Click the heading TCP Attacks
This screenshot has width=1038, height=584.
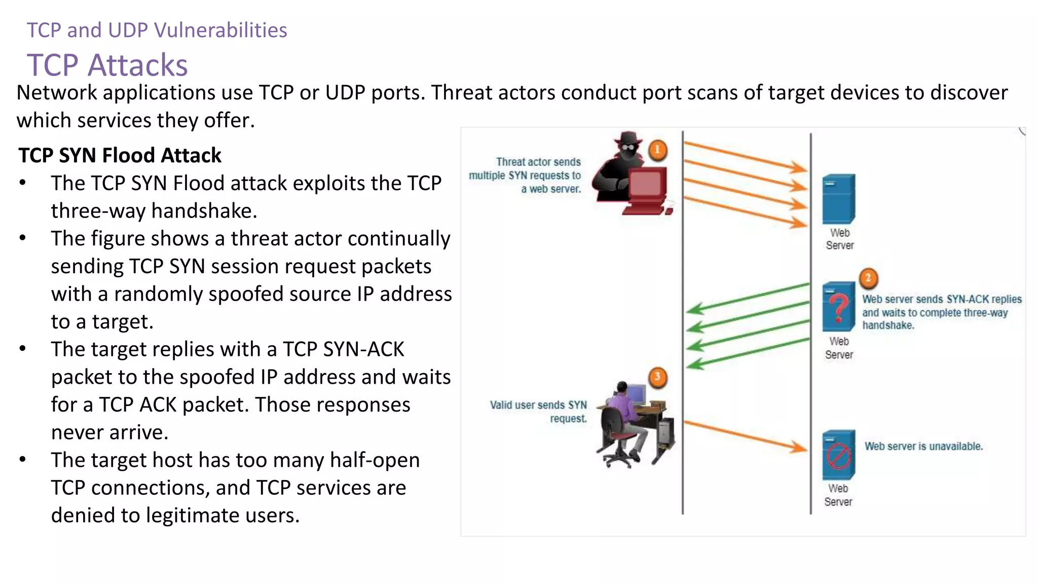point(107,65)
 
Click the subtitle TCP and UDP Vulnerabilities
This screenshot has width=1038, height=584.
point(157,30)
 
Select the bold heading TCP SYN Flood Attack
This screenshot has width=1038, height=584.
point(120,156)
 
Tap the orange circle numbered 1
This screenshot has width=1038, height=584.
point(657,150)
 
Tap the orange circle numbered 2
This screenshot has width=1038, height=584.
point(868,278)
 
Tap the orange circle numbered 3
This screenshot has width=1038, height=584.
point(657,377)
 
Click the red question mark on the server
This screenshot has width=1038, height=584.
point(839,307)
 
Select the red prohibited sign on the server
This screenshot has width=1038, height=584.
point(838,456)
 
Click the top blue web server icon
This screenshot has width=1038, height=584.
point(838,199)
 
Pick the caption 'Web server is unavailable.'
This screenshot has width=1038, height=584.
point(923,447)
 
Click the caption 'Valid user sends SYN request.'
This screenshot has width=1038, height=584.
point(539,412)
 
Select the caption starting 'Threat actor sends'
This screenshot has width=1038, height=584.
point(526,175)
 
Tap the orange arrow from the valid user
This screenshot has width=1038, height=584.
point(745,435)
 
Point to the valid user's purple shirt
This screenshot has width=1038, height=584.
point(621,408)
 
